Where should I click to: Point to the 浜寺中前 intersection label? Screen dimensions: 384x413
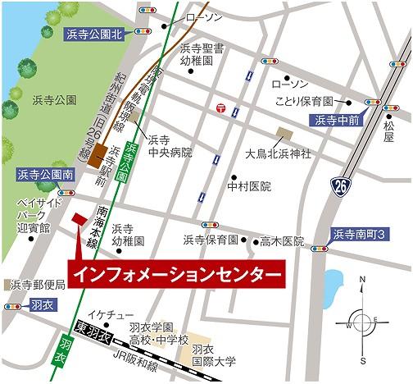(337, 120)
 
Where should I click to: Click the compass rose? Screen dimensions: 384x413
(362, 319)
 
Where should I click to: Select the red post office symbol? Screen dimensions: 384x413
(220, 107)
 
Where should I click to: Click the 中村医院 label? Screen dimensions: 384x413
(249, 186)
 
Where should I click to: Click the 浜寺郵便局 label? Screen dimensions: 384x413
(37, 285)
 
